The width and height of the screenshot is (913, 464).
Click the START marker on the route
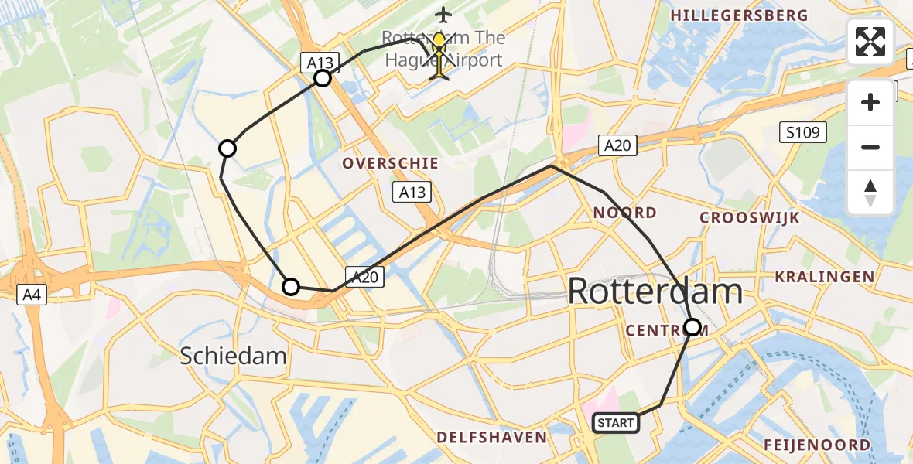(x=616, y=423)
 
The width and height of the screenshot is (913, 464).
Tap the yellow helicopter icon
(x=439, y=54)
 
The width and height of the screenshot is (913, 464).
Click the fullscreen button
(x=870, y=42)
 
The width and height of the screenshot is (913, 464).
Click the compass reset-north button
(x=870, y=193)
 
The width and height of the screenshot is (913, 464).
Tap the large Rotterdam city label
(x=655, y=292)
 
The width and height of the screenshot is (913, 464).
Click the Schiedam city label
(x=234, y=356)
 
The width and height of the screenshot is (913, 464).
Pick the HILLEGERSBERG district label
(x=739, y=15)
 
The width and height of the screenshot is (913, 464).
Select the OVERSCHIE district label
(x=390, y=164)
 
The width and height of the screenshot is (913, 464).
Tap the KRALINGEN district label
(x=824, y=277)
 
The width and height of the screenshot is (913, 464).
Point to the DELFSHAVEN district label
(x=491, y=438)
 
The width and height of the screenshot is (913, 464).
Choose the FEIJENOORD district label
(x=817, y=445)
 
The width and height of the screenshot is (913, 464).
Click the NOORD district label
(x=624, y=213)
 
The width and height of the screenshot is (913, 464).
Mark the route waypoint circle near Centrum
(x=692, y=327)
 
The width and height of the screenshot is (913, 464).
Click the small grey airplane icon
(x=443, y=14)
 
